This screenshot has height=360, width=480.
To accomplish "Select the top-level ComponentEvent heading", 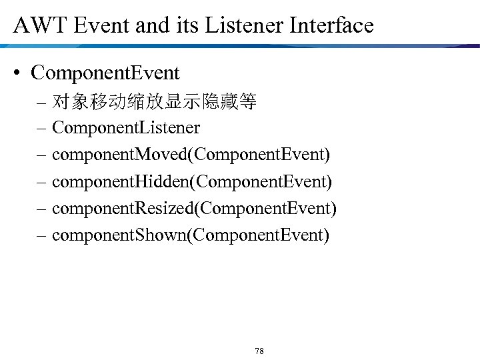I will pos(105,72).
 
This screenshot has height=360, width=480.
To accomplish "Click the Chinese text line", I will pos(155,102).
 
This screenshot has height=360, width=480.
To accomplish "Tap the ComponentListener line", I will pos(126,127).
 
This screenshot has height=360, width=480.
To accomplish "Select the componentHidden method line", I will pos(191,181).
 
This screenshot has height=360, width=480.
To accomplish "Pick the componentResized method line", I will pos(194,209).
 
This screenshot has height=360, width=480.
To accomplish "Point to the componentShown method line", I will pos(190,235).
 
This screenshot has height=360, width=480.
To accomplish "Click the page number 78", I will pos(259,351).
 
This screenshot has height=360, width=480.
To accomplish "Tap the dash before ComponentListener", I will pos(42,128).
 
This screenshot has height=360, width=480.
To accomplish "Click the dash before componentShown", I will pos(42,236).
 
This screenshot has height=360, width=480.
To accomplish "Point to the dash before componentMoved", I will pos(42,155).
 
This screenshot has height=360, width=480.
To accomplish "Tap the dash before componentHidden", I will pos(42,182).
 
